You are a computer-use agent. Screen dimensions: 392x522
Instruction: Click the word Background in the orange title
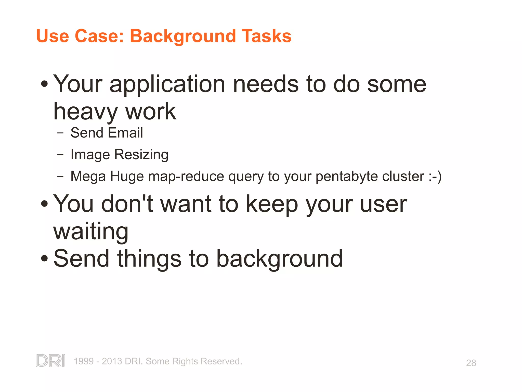[x=183, y=36]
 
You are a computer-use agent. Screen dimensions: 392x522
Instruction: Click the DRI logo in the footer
[x=50, y=361]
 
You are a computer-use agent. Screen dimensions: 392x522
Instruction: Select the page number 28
[x=471, y=363]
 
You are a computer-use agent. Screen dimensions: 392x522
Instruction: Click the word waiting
[x=91, y=232]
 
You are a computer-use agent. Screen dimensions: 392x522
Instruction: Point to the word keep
[x=272, y=204]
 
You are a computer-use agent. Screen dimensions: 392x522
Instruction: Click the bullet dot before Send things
[x=44, y=259]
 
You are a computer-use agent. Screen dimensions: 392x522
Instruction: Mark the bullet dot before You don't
[x=44, y=204]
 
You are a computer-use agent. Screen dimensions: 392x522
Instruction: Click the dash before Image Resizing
[x=60, y=155]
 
